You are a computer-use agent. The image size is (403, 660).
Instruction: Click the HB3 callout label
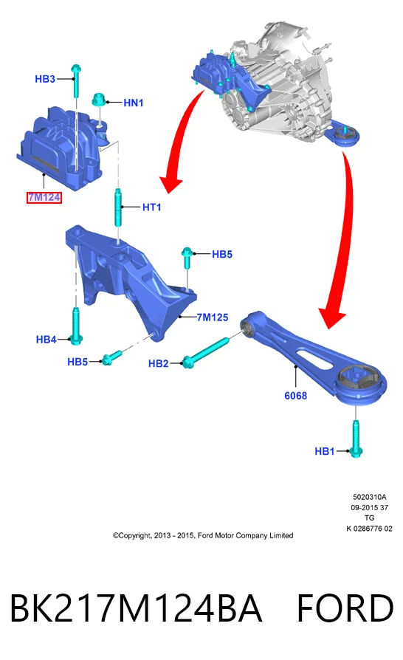(x=45, y=79)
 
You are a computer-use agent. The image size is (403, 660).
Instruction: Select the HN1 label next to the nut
(x=134, y=103)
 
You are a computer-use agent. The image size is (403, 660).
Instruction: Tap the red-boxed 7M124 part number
(x=44, y=197)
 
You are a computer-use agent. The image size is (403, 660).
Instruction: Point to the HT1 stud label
(x=151, y=207)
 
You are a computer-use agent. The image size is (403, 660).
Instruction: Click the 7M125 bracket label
(x=213, y=317)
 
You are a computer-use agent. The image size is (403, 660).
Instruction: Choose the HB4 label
(x=46, y=340)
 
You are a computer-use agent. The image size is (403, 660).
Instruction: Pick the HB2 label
(x=159, y=363)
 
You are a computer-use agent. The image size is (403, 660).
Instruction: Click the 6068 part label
(x=296, y=396)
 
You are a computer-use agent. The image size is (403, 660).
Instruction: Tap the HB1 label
(x=325, y=451)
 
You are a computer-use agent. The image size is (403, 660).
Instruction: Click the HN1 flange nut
(x=98, y=100)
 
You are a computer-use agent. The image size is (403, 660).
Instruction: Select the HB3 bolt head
(x=76, y=69)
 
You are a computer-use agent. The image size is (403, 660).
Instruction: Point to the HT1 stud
(x=118, y=208)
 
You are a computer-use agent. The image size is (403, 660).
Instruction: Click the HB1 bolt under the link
(x=356, y=439)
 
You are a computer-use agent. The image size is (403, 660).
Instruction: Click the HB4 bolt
(x=76, y=326)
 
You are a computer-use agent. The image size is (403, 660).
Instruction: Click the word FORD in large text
(x=345, y=608)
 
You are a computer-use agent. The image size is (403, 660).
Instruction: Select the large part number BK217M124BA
(x=136, y=608)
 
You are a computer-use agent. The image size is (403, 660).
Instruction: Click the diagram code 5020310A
(x=370, y=497)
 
